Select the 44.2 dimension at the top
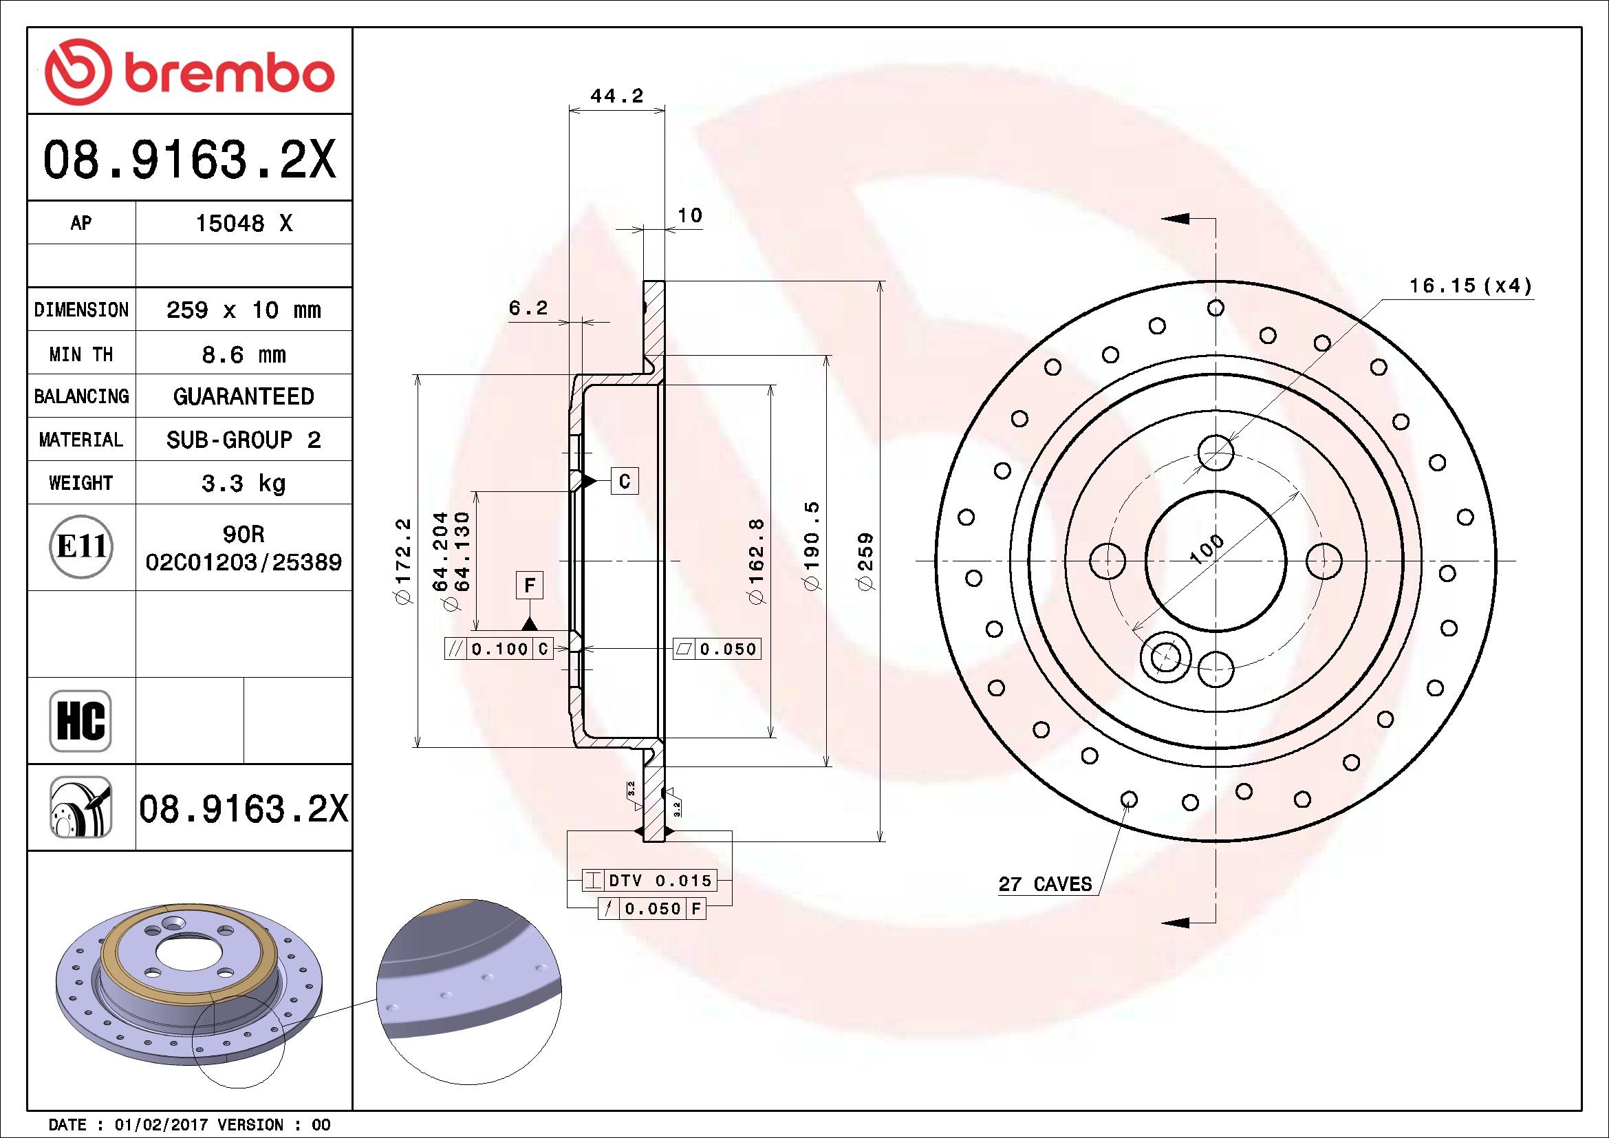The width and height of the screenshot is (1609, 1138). pos(616,96)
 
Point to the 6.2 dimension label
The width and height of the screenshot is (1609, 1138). pos(528,308)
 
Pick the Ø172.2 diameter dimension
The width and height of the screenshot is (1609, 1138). pos(403,561)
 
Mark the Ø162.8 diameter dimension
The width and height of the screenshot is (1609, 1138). pos(756,561)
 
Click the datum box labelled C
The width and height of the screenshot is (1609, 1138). pos(625,481)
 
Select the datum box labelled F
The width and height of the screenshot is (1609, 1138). pos(530,585)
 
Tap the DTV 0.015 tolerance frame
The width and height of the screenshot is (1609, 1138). pos(649,880)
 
